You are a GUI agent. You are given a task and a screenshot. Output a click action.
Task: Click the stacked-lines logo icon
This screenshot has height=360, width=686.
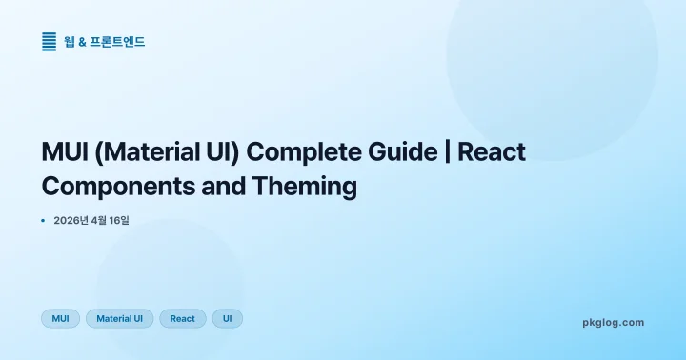click(50, 42)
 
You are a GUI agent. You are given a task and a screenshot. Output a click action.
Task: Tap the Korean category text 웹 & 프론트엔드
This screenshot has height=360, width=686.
click(105, 42)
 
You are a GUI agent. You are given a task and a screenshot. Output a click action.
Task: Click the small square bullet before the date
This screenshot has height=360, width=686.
click(44, 221)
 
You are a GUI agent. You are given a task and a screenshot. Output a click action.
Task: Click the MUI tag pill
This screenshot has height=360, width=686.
click(59, 318)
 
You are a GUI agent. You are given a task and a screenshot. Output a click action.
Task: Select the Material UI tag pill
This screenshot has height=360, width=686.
click(119, 318)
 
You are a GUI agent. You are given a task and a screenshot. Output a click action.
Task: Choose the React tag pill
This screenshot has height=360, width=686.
click(182, 318)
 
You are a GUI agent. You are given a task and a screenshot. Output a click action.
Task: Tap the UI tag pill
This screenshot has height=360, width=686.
click(227, 318)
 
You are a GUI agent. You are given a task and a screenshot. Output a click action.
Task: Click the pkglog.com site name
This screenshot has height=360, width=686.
click(613, 322)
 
